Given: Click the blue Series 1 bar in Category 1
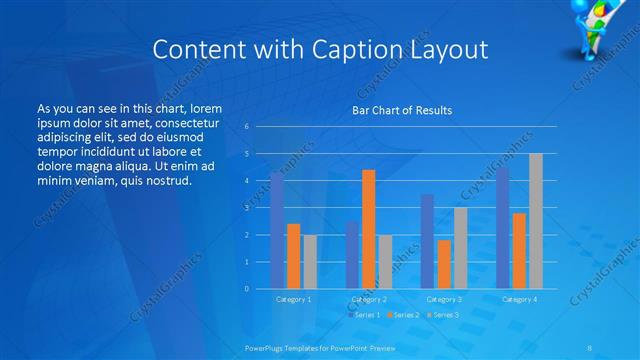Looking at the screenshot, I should [x=277, y=231].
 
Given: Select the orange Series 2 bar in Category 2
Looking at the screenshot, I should [x=368, y=229].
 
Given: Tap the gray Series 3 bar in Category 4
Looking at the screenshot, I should [x=536, y=221].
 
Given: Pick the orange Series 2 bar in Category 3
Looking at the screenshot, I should [x=444, y=264].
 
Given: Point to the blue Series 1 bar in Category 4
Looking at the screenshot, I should [x=503, y=228].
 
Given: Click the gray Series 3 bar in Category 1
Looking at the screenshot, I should [x=310, y=262].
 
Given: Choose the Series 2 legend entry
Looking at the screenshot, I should [x=403, y=315].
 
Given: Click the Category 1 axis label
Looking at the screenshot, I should [x=293, y=299].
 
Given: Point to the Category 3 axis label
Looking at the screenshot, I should [x=444, y=299].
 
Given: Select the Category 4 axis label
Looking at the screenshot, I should [x=519, y=299].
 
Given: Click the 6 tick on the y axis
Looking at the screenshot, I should [x=247, y=127].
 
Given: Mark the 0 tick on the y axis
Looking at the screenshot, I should [x=247, y=288].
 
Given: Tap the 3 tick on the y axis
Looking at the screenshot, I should [x=247, y=208].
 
